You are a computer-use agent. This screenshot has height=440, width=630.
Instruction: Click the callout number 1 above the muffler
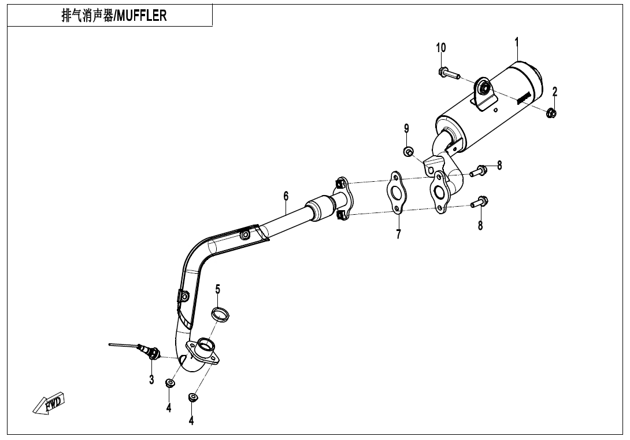[x=517, y=42]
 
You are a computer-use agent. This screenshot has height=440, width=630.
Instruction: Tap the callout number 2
[x=555, y=91]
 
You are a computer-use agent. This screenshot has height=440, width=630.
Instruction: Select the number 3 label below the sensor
[x=151, y=380]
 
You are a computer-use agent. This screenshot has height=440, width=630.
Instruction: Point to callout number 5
[x=218, y=288]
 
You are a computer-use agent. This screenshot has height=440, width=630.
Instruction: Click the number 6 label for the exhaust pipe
[x=286, y=196]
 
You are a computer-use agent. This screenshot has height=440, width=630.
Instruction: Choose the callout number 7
[x=398, y=234]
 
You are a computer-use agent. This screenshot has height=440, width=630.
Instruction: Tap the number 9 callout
[x=407, y=128]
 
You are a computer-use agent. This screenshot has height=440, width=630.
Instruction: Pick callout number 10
[x=441, y=47]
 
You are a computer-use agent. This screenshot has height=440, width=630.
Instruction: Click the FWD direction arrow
[x=50, y=403]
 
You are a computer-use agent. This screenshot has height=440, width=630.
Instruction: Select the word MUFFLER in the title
[x=142, y=16]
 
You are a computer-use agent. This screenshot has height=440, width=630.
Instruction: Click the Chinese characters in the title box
[x=87, y=16]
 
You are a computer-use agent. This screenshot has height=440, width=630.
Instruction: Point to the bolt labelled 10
[x=448, y=74]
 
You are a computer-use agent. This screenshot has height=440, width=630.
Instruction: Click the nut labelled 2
[x=551, y=112]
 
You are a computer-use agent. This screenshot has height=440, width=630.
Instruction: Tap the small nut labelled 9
[x=408, y=152]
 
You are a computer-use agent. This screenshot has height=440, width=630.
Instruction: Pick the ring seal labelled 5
[x=220, y=314]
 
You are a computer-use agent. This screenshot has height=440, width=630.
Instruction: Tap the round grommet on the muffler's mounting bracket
[x=484, y=88]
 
